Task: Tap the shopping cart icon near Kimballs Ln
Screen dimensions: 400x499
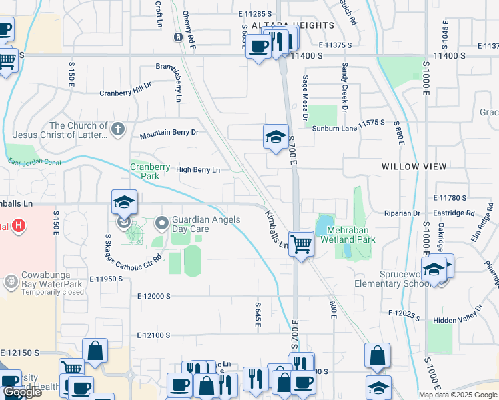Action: [x=302, y=244]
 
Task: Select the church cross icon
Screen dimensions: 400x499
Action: [x=118, y=129]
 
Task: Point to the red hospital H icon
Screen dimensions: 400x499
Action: [x=19, y=226]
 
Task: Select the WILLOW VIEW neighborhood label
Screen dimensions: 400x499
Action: [x=410, y=166]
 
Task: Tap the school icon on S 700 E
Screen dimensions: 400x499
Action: [x=276, y=137]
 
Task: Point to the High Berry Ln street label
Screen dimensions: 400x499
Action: [x=197, y=170]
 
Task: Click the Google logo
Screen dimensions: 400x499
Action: [x=22, y=392]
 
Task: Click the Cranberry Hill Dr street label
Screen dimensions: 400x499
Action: [x=126, y=90]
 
